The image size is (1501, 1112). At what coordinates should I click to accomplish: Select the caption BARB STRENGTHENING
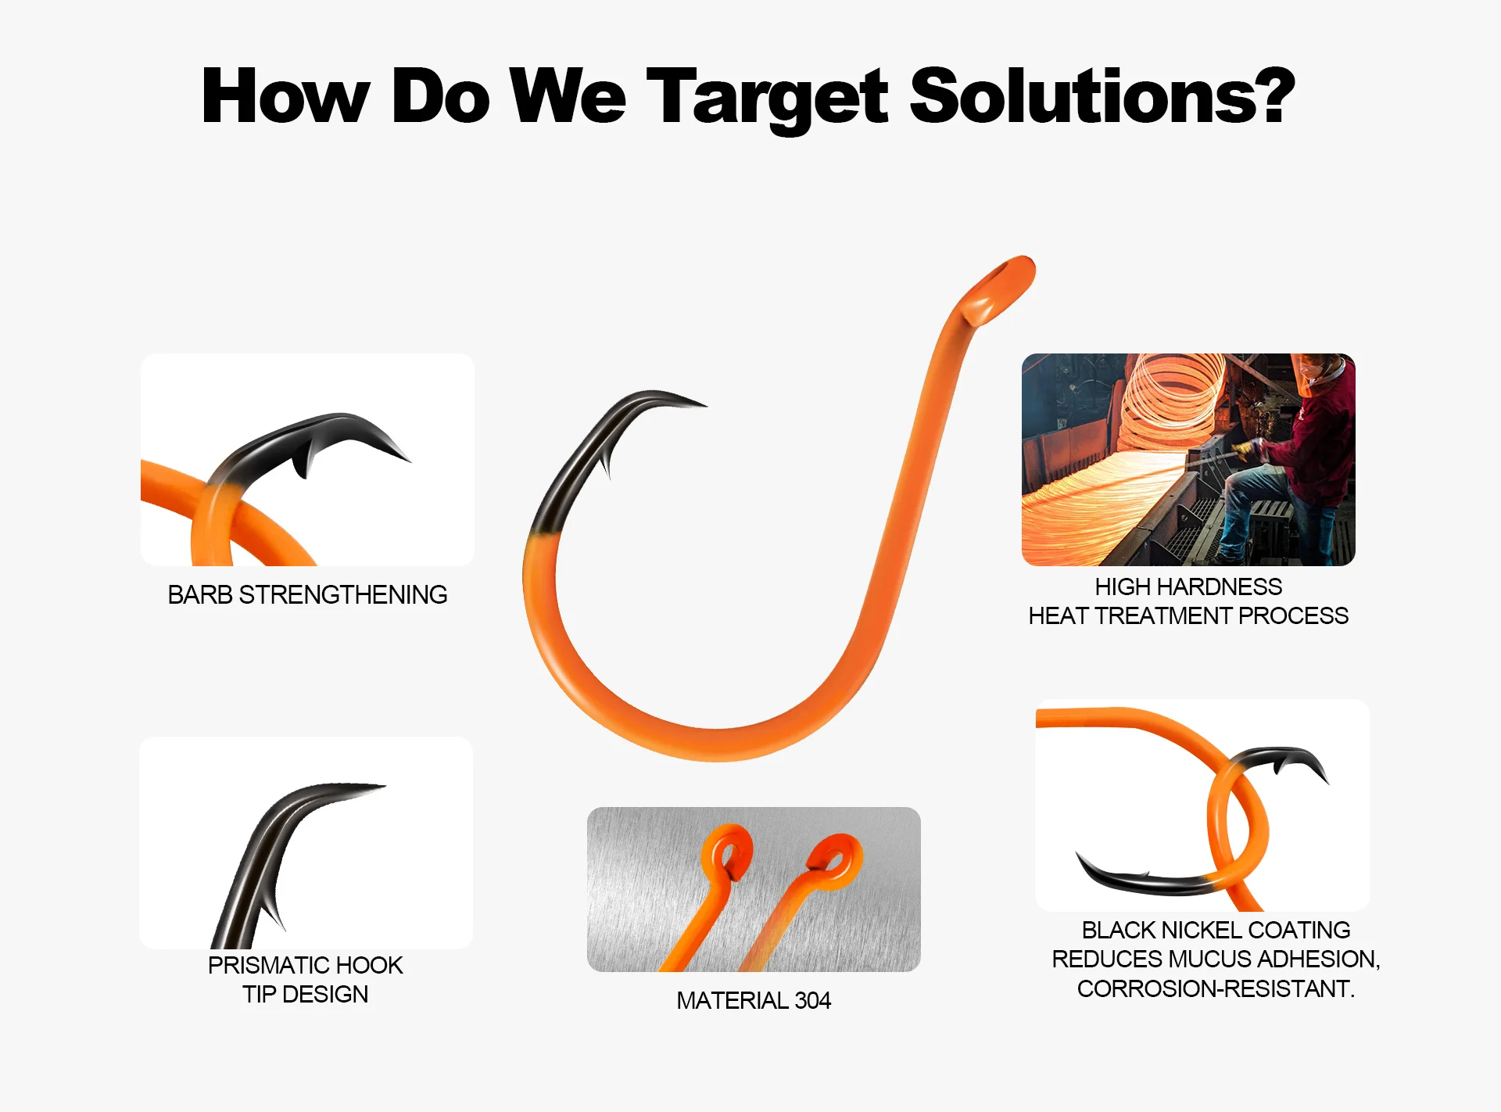[x=307, y=595]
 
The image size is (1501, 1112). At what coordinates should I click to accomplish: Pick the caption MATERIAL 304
[x=754, y=1000]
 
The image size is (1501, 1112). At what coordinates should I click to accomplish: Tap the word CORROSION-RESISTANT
[x=1216, y=988]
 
